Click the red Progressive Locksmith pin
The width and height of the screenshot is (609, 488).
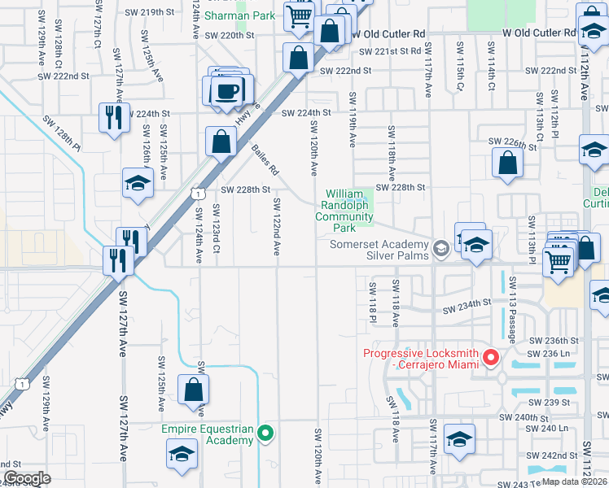(491, 357)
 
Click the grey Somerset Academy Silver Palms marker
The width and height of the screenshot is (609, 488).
(441, 249)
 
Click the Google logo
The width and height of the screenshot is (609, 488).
(27, 478)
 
